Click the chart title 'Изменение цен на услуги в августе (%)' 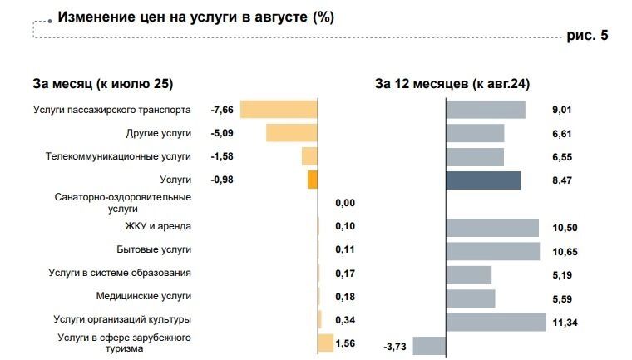[x=195, y=17]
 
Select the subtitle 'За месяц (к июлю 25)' [x=102, y=83]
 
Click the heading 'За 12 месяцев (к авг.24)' [x=452, y=83]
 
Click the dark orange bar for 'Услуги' [x=313, y=180]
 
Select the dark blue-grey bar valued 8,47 [x=483, y=180]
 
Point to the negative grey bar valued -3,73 [x=429, y=346]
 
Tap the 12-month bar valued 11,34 [x=496, y=322]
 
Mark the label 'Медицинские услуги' [x=144, y=296]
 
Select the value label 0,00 [x=344, y=203]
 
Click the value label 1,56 [x=344, y=343]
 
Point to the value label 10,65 [x=563, y=249]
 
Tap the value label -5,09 [x=223, y=133]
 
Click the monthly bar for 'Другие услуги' [x=292, y=133]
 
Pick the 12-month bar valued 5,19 [x=469, y=275]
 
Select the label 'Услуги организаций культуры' [x=122, y=319]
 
